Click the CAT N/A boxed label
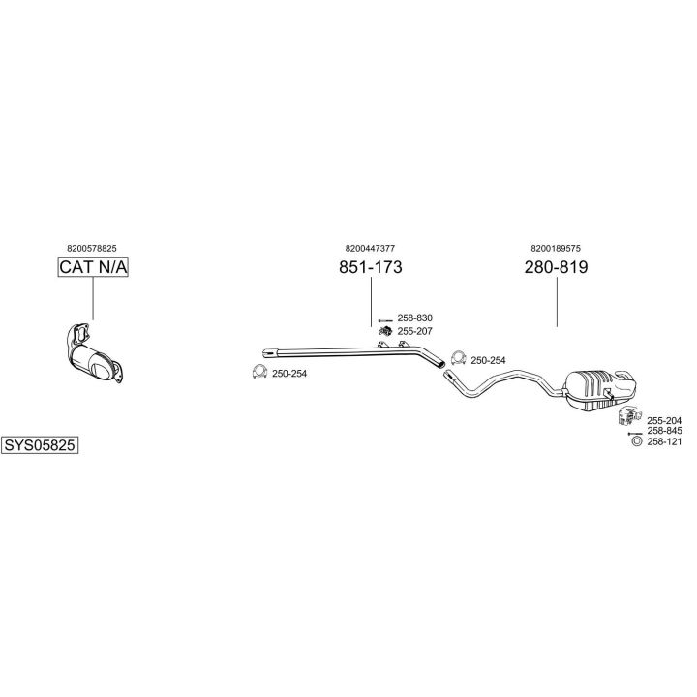93,267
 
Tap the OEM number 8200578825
92,249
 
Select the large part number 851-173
370,267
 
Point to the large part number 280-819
556,267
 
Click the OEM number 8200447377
370,248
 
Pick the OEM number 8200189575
556,248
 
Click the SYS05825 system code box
40,445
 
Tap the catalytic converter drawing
94,354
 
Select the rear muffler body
600,388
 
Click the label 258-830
414,318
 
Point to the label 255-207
414,331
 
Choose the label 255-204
664,420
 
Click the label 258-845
664,430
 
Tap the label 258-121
664,441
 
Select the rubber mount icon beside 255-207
385,331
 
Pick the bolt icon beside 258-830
385,320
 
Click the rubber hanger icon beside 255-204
629,415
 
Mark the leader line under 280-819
557,301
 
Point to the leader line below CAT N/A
93,298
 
